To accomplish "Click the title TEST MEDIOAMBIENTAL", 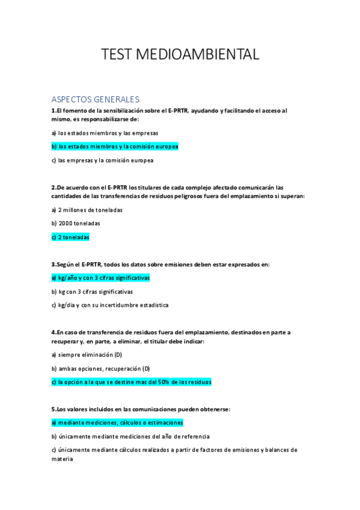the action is (180, 55).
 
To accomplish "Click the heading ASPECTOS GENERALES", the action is (95, 99).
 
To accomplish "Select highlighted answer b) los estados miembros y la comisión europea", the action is (115, 146).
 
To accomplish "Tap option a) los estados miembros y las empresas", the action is (105, 132).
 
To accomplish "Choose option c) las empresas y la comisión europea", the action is (102, 161).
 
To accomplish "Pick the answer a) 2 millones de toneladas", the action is (87, 210).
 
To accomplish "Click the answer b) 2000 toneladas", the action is (76, 223).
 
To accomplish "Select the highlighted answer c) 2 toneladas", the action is (70, 238).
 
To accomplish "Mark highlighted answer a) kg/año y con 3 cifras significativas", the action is (100, 278).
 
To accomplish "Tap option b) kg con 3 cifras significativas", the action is (92, 291).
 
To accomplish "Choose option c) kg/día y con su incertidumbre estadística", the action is (110, 305).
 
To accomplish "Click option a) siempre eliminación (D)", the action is (87, 355).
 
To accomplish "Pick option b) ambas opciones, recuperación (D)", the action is (100, 368).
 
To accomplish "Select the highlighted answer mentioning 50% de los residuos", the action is (132, 382).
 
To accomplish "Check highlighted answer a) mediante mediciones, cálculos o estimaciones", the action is (117, 423).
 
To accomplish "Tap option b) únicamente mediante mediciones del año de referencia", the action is (130, 436).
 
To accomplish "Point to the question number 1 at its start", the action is (53, 111).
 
